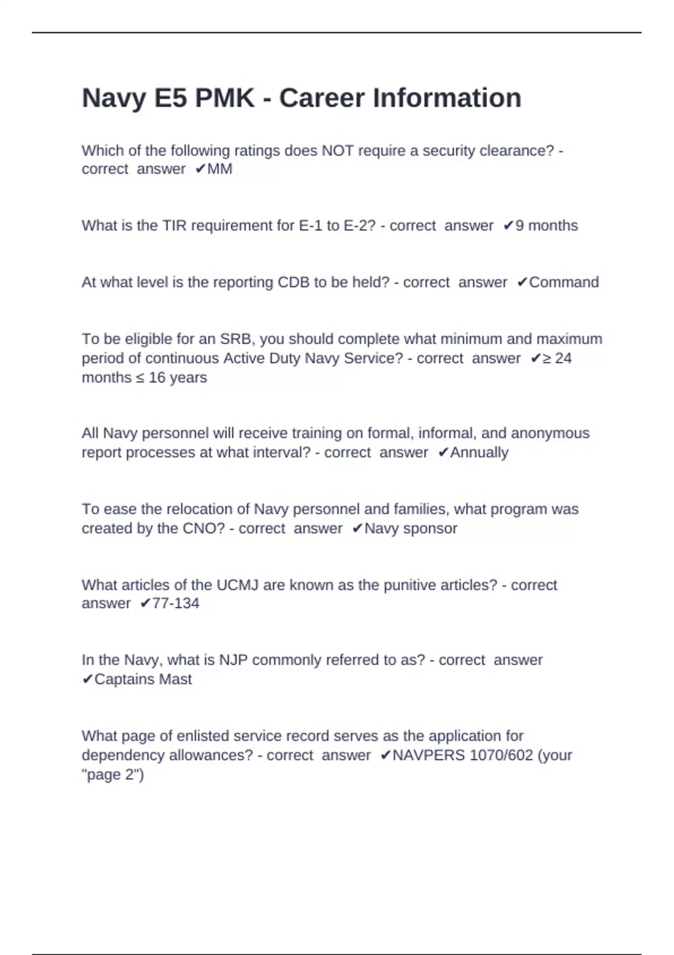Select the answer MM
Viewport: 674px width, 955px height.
click(220, 169)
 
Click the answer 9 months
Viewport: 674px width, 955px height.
click(547, 226)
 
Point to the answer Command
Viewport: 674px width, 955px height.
click(564, 283)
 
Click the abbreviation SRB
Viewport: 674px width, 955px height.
click(236, 339)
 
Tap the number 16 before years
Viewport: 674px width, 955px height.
click(157, 378)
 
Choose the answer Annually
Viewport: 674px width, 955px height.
click(479, 453)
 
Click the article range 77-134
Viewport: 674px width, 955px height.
click(176, 604)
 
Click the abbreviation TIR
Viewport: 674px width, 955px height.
click(175, 226)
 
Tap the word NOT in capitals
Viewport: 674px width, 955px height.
click(337, 151)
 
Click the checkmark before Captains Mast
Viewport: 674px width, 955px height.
click(87, 680)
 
